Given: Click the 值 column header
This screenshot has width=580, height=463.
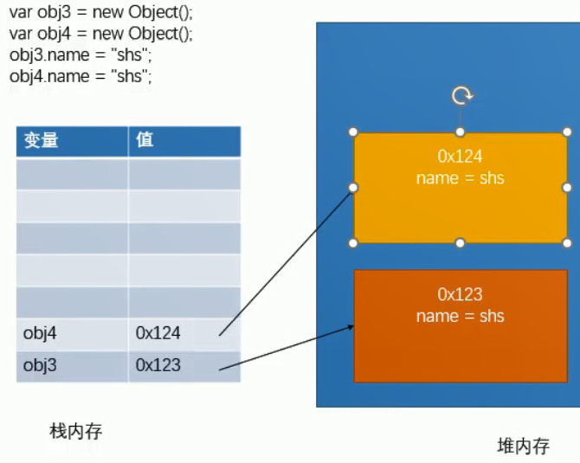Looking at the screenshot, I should [x=145, y=140].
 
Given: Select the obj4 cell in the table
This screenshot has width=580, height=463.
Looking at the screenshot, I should [x=40, y=332].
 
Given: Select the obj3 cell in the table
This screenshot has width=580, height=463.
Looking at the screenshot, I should [x=40, y=365].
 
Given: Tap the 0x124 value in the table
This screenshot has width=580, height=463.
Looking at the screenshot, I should [x=158, y=332].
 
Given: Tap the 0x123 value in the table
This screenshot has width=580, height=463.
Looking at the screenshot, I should [x=158, y=365].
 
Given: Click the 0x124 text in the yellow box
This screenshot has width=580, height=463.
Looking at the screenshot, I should [x=460, y=157].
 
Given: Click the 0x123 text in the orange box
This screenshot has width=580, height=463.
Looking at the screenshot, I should [x=460, y=294].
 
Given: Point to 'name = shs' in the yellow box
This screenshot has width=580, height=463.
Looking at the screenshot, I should [x=460, y=178].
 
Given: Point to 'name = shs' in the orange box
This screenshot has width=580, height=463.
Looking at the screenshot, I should [x=460, y=316].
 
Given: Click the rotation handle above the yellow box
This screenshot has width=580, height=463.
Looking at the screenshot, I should [x=461, y=95].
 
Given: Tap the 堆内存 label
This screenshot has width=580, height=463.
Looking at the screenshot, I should [x=523, y=446].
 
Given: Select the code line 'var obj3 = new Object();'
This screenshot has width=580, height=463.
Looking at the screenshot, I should [x=101, y=15].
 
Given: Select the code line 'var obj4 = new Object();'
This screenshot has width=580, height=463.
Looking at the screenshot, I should [x=101, y=35].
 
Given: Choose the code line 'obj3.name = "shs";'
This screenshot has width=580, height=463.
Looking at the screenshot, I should [x=81, y=55].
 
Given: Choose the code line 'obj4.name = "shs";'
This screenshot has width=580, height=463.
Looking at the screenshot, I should [x=81, y=76].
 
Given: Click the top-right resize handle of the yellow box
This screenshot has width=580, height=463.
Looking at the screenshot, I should [x=567, y=132].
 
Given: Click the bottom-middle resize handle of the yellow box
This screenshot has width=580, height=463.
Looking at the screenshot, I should [x=461, y=243].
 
